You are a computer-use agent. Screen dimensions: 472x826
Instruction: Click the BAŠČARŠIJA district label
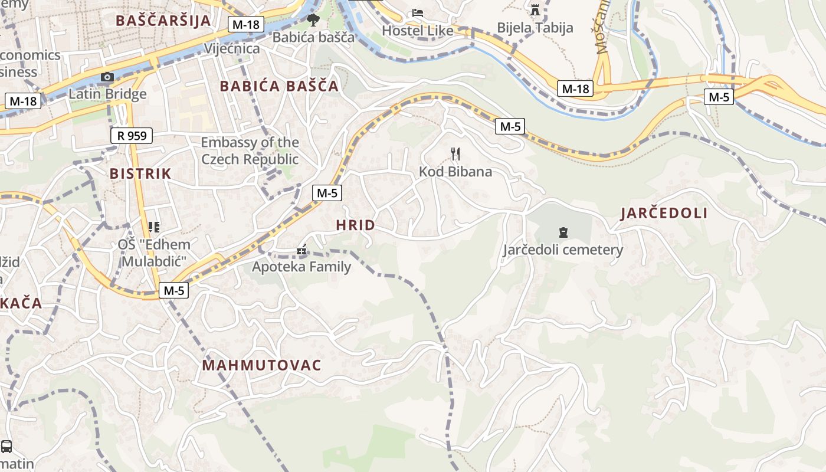pos(163,20)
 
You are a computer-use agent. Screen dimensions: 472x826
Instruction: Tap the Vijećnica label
pos(232,48)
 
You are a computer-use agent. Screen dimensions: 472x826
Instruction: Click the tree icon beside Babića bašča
pos(313,21)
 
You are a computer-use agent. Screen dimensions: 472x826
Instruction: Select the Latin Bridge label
pos(107,94)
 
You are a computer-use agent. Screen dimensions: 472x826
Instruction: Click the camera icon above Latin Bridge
pos(107,77)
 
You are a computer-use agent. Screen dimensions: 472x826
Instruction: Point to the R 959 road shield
pos(132,136)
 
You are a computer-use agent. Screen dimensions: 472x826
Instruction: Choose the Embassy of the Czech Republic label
pos(250,151)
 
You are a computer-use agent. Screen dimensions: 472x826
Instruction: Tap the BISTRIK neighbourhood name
pos(140,173)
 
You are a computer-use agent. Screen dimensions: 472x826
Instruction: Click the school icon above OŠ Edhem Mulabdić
pos(154,227)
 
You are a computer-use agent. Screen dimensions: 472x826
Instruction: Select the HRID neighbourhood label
pos(355,225)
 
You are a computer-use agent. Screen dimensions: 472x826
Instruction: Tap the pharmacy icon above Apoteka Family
pos(301,250)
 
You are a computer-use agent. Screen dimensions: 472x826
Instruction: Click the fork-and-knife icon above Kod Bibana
pos(455,154)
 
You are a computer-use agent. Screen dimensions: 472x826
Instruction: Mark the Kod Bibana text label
pos(455,172)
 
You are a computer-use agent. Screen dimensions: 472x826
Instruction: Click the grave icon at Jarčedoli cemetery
pos(563,232)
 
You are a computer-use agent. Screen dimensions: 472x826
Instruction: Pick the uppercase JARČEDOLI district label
pos(664,214)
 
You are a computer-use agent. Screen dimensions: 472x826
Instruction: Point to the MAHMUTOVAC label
pos(261,365)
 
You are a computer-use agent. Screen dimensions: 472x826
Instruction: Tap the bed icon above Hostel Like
pos(418,12)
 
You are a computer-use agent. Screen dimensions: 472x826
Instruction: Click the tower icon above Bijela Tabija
pos(535,10)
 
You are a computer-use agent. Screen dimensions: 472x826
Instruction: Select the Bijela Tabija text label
pos(535,28)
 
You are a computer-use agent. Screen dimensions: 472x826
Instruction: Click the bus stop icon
pos(6,446)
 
